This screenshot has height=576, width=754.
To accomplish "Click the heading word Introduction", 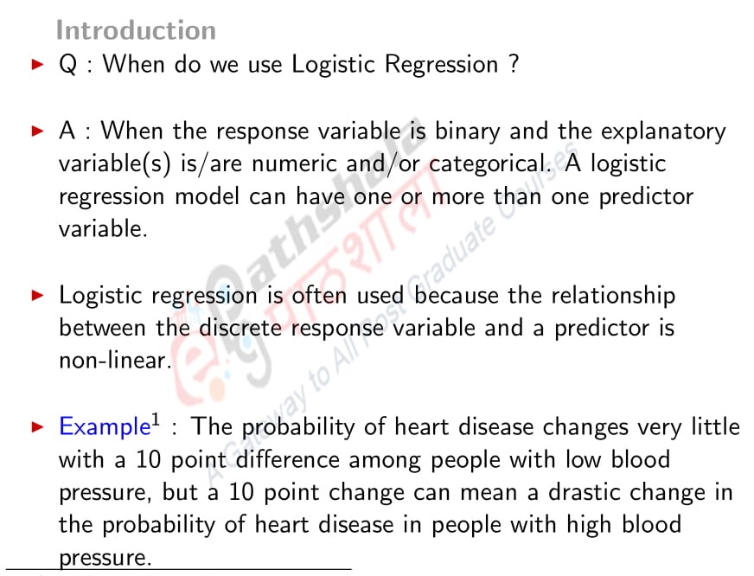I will tap(136, 30).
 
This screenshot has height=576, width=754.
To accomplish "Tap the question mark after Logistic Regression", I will tap(514, 64).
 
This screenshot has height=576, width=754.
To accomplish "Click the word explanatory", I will tap(663, 131).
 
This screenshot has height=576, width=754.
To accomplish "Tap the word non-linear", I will tap(112, 361).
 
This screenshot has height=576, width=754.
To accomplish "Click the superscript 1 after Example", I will tap(157, 421).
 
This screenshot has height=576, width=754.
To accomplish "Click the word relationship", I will tap(612, 296).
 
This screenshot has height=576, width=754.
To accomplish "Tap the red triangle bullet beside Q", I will tap(36, 65).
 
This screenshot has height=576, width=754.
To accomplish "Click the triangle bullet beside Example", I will tap(36, 427).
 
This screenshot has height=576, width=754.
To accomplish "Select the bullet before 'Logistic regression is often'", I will tap(36, 296).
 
